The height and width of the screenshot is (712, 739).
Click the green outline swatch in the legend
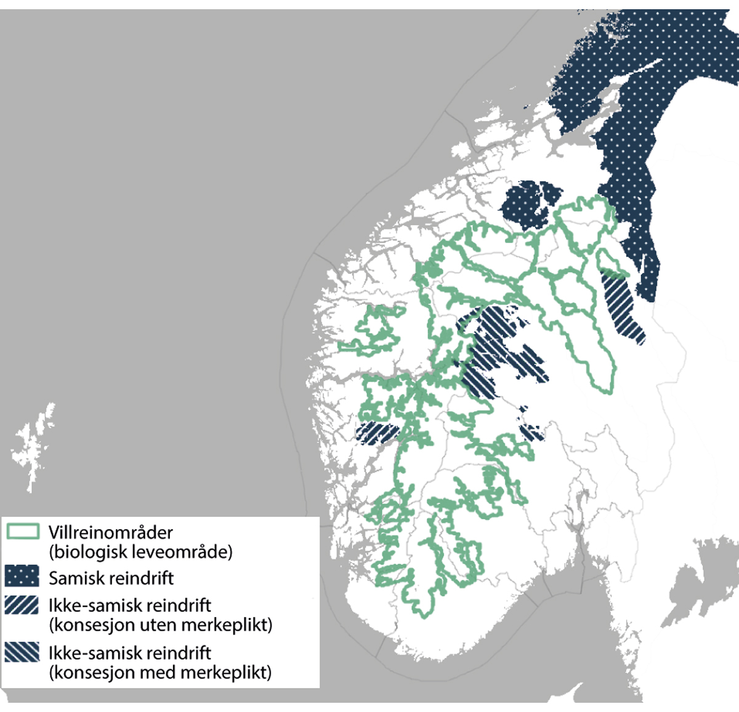pyautogui.click(x=23, y=532)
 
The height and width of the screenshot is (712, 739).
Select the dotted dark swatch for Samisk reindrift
pyautogui.click(x=22, y=577)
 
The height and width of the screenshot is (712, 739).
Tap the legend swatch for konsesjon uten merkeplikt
pyautogui.click(x=22, y=606)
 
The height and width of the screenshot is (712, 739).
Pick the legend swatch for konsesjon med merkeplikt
pyautogui.click(x=22, y=652)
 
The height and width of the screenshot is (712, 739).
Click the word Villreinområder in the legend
pyautogui.click(x=111, y=532)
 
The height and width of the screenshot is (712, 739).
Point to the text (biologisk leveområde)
pyautogui.click(x=140, y=551)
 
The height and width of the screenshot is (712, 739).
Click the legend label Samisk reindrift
pyautogui.click(x=111, y=578)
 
